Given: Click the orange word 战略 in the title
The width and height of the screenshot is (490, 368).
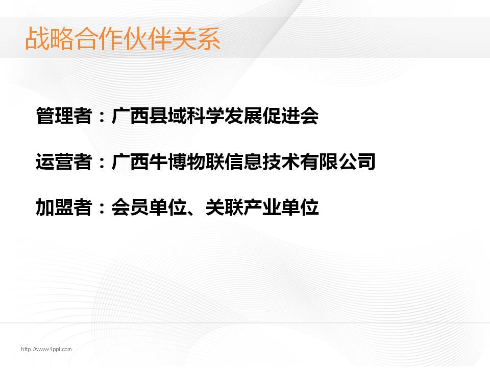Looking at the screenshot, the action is coord(50,38).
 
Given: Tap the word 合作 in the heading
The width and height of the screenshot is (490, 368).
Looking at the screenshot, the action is coord(98,38).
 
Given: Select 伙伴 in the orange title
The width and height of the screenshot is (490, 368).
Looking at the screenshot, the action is coord(147,38).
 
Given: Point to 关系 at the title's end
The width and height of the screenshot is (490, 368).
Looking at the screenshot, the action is coord(196,38).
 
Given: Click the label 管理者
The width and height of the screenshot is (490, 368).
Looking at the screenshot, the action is coord(64,116).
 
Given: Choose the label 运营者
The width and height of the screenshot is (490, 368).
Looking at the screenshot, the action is coord(64,162).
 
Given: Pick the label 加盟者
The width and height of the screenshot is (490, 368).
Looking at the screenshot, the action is coord(64,207).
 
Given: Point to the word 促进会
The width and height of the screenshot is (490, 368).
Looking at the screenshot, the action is coord(290,116).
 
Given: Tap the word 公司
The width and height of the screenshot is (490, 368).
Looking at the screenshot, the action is coord(357,162).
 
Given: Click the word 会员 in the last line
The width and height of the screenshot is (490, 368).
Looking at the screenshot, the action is coord(130,207).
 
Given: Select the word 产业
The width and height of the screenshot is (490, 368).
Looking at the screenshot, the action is coord(262,207).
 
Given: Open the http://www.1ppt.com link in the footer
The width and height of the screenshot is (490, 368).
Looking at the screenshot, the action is coord(46,349).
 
